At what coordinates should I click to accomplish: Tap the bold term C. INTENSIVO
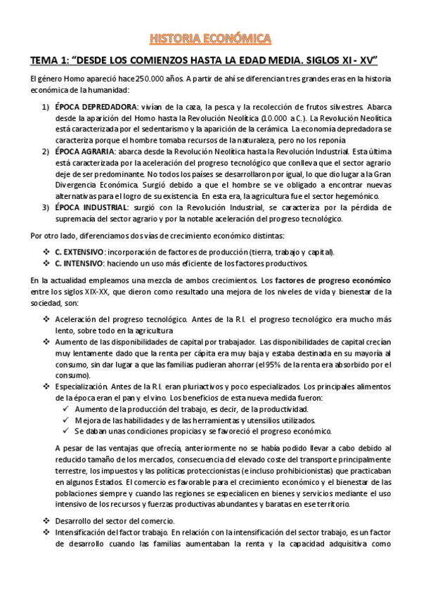tap(78, 264)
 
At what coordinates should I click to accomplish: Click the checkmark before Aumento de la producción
tap(65, 410)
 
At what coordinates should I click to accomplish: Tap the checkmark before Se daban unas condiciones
tap(65, 432)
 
